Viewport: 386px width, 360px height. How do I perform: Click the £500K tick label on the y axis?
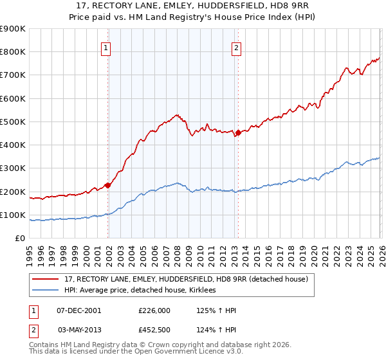click(x=13, y=122)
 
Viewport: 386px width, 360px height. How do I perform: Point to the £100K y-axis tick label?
click(x=13, y=215)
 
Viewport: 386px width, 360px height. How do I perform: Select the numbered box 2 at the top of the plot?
click(x=236, y=47)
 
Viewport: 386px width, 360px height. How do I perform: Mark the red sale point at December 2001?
click(x=108, y=185)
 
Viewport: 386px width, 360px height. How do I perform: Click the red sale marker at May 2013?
click(x=237, y=133)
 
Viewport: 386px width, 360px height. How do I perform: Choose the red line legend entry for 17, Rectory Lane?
click(x=187, y=279)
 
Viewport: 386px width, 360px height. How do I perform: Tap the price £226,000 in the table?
click(x=154, y=310)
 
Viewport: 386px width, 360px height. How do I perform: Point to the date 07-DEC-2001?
click(x=78, y=310)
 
